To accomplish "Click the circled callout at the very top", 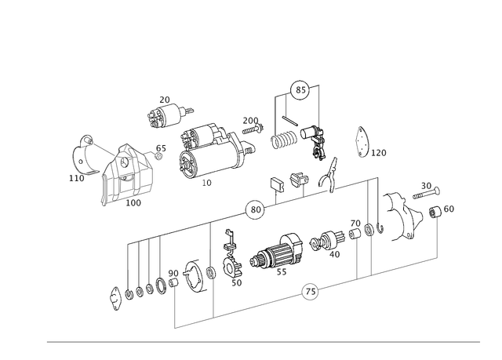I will (x=300, y=90).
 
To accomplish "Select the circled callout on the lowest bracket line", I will (x=311, y=294).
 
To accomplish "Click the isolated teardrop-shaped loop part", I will (x=363, y=142).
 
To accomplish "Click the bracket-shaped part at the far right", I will (x=406, y=214).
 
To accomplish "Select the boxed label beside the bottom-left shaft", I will (x=172, y=273).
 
